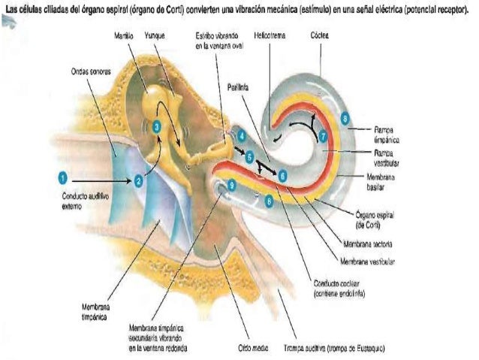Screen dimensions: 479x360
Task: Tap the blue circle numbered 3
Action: (x=156, y=128)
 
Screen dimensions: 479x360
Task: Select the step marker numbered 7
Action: (x=322, y=137)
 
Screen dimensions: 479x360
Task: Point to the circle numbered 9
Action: (x=232, y=185)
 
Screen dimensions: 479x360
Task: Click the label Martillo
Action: (x=125, y=35)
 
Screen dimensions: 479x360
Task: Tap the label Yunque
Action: (x=155, y=35)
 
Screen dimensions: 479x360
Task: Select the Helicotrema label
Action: (x=268, y=35)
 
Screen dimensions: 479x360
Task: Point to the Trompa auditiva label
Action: (x=324, y=348)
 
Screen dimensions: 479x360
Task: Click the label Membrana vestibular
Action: (x=367, y=262)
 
